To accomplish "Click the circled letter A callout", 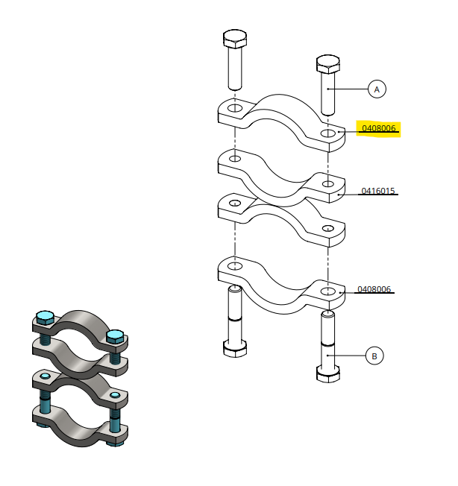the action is click(377, 89).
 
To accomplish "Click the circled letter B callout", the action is click(374, 356).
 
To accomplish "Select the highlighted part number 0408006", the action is click(379, 128).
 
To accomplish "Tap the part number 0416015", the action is click(378, 191).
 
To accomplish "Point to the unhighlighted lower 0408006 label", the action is click(374, 289).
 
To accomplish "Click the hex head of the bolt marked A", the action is click(328, 64).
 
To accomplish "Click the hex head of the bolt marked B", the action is click(328, 374).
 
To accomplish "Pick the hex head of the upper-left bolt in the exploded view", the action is click(235, 39).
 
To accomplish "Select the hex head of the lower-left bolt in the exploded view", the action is click(235, 349).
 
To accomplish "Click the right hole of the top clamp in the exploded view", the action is click(328, 133).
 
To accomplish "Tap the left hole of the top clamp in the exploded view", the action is click(235, 108).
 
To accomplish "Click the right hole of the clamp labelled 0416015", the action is click(328, 184).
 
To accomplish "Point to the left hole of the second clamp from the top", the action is click(235, 159).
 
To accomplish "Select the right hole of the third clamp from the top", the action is click(328, 228).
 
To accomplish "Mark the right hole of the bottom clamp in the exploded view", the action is click(328, 291).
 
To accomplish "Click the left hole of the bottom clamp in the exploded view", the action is click(235, 266).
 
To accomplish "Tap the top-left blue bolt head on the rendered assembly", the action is click(46, 317).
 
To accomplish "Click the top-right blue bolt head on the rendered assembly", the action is click(115, 336).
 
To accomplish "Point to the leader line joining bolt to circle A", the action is click(348, 89).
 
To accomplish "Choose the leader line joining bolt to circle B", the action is click(346, 356).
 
